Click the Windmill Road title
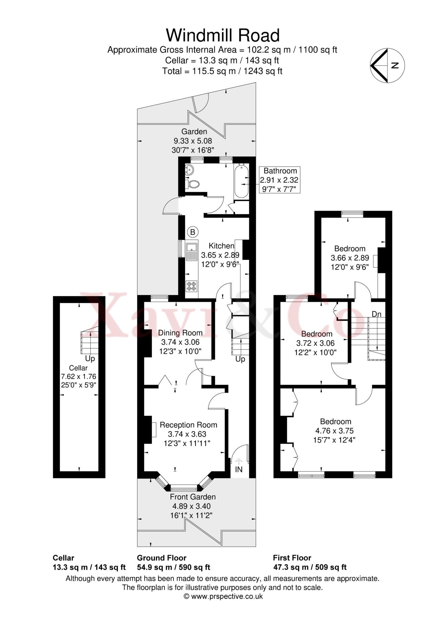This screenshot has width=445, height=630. pyautogui.click(x=223, y=35)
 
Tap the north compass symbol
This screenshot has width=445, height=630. pyautogui.click(x=387, y=66)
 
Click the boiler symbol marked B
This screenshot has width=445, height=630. pyautogui.click(x=193, y=232)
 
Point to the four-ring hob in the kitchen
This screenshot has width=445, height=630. pyautogui.click(x=192, y=286)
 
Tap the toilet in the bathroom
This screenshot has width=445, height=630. pyautogui.click(x=193, y=184)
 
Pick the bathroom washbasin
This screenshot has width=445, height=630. pyautogui.click(x=190, y=169)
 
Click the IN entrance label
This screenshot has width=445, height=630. pyautogui.click(x=239, y=469)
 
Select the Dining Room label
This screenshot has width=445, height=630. pyautogui.click(x=180, y=333)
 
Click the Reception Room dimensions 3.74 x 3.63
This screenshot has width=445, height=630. pyautogui.click(x=187, y=434)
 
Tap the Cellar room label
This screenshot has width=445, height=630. pyautogui.click(x=78, y=368)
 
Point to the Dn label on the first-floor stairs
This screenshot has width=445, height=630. pyautogui.click(x=376, y=314)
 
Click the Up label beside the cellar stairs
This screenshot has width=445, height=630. pyautogui.click(x=90, y=359)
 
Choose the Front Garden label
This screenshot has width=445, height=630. pyautogui.click(x=193, y=496)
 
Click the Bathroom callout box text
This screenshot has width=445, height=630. pyautogui.click(x=280, y=180)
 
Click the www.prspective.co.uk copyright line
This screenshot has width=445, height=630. pyautogui.click(x=223, y=596)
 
